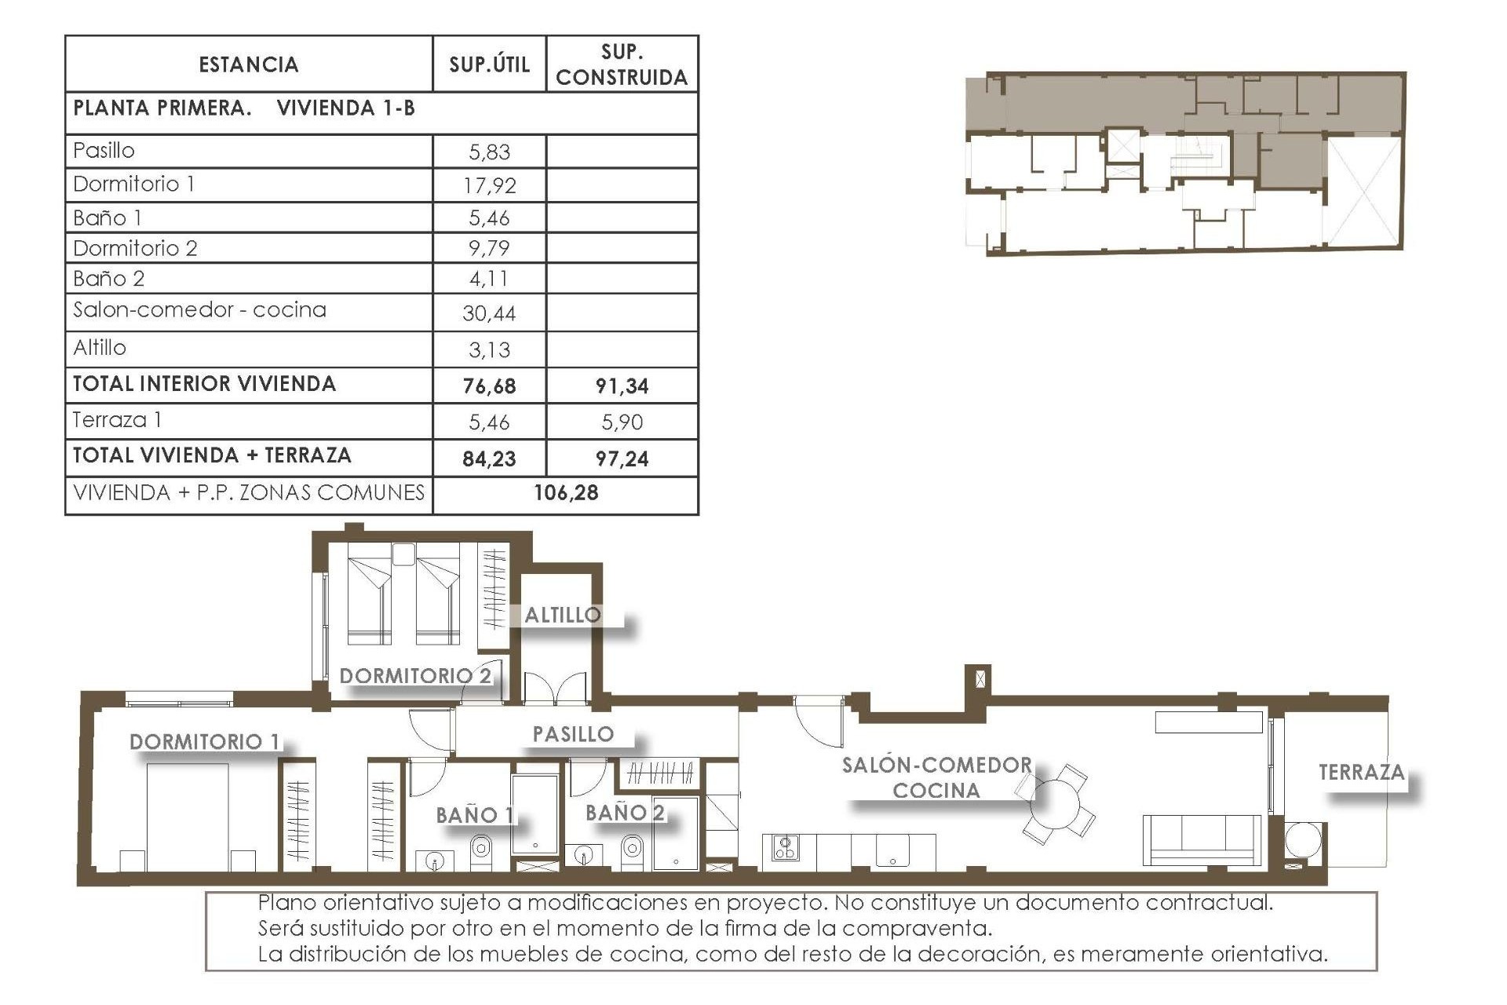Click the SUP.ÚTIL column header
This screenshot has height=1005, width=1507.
point(489,64)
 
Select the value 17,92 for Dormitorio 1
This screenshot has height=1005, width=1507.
point(489,185)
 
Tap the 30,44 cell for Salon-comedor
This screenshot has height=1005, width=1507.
point(489,313)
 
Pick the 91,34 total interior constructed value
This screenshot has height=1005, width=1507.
point(622,386)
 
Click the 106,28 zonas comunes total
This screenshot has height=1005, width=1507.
point(566,493)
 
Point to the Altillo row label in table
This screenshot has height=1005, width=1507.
point(100,348)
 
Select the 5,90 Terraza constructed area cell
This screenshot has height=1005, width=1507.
point(622,422)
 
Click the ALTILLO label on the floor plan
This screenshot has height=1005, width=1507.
point(563,615)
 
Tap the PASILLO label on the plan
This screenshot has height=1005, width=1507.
point(573,734)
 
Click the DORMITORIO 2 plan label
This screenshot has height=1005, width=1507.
point(415,675)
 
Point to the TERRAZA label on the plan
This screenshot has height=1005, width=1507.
point(1361,773)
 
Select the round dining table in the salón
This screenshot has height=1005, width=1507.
point(1056,803)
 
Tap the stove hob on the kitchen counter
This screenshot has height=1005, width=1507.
point(785,847)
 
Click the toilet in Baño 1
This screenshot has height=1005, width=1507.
point(480,849)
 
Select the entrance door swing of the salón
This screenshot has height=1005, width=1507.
point(818,722)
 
